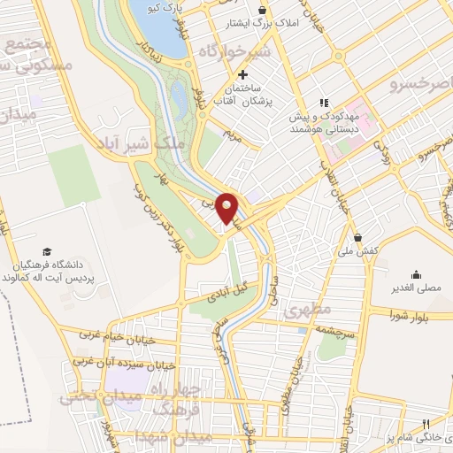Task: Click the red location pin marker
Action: click(227, 207)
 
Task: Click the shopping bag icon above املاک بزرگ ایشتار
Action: click(263, 11)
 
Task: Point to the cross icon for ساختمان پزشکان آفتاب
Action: click(242, 74)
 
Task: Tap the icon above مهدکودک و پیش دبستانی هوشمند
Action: click(324, 102)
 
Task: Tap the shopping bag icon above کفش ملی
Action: click(357, 237)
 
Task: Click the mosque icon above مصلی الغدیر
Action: click(416, 273)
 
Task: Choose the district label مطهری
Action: click(308, 311)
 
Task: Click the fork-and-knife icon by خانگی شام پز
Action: click(426, 425)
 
